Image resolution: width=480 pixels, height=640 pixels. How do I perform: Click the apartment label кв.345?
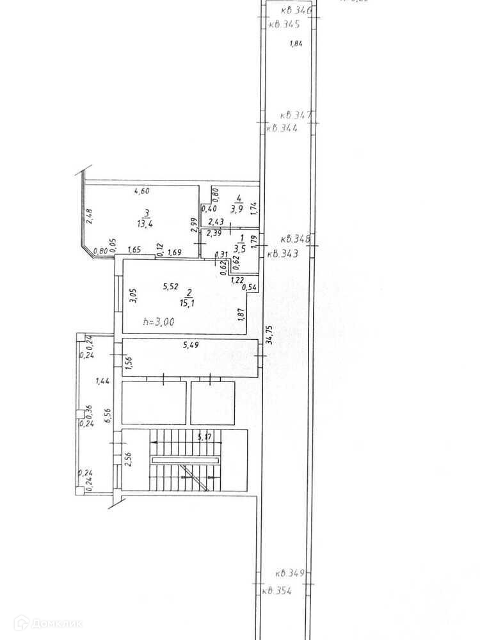284,25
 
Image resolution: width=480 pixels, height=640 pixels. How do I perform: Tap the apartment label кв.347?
296,115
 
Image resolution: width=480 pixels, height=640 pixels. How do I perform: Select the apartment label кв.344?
282,127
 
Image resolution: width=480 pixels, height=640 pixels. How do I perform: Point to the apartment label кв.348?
296,240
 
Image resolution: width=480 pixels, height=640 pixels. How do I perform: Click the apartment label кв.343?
282,253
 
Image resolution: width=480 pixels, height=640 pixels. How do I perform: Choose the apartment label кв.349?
290,573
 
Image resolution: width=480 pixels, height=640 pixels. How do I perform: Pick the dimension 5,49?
191,346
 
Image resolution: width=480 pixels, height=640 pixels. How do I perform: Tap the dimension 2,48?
90,216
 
